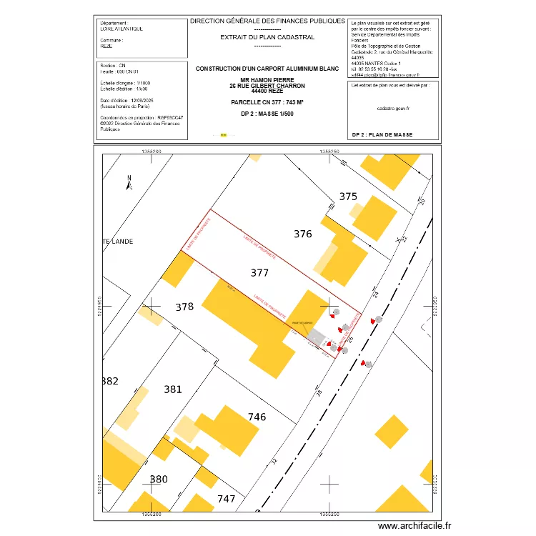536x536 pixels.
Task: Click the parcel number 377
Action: tap(260, 272)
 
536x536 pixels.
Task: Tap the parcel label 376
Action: tap(303, 234)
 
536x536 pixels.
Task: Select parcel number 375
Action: tap(348, 197)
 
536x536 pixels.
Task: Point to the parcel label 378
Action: tap(184, 307)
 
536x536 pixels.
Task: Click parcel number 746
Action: tap(257, 417)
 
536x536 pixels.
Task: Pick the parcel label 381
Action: tap(173, 389)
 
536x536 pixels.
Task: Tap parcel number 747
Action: tap(226, 499)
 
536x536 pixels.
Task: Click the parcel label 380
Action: tap(159, 479)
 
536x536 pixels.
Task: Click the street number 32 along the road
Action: tap(274, 462)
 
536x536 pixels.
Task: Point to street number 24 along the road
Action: tap(374, 294)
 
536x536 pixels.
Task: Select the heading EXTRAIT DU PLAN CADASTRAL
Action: tap(267, 37)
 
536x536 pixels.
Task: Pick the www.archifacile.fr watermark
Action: tap(415, 526)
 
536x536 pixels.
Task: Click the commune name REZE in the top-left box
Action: tap(106, 45)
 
